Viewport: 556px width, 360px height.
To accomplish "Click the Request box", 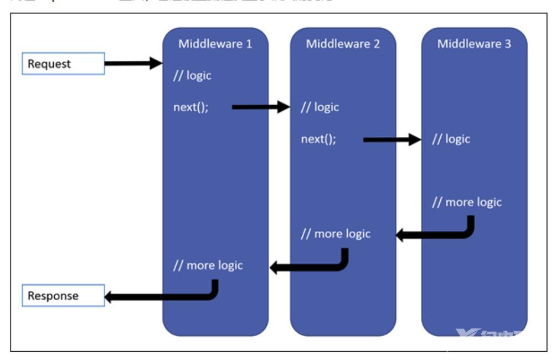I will click(x=63, y=64).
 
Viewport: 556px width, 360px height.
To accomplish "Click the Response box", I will click(x=63, y=295).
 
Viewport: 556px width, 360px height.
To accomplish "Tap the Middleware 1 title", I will click(x=215, y=44).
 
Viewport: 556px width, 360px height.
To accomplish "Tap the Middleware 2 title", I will click(x=343, y=44).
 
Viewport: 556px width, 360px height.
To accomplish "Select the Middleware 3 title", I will click(x=474, y=44).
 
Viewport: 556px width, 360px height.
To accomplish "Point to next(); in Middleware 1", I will click(x=191, y=107).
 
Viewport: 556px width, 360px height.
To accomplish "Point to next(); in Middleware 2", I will click(x=318, y=139).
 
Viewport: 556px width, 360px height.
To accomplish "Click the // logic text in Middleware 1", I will click(x=192, y=75).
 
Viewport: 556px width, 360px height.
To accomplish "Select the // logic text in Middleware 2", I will click(x=320, y=107).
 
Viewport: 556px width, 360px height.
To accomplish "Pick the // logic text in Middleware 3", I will click(x=451, y=139).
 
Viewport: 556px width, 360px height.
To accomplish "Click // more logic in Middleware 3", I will click(x=466, y=202).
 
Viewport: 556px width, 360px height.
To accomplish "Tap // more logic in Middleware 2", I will click(x=335, y=234).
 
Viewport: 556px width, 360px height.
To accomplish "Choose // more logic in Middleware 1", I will click(x=208, y=265).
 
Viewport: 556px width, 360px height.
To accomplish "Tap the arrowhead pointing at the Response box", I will click(x=111, y=297).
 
